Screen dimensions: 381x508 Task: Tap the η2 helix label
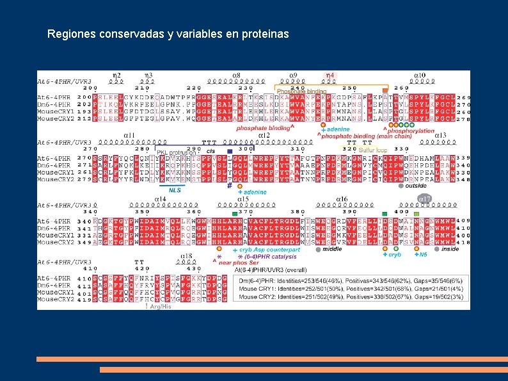(117, 76)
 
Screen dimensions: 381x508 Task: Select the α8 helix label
(236, 76)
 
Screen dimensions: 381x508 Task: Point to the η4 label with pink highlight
(330, 76)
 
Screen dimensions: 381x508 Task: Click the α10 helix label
(420, 76)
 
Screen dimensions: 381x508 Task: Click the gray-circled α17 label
(425, 199)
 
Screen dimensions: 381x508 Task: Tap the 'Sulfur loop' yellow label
(372, 149)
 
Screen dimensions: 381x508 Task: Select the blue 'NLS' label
(175, 190)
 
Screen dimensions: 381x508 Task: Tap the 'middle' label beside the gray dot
(332, 249)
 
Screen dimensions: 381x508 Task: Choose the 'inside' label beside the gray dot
(450, 249)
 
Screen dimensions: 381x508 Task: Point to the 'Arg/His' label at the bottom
(160, 306)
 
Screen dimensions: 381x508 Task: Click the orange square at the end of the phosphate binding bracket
(385, 90)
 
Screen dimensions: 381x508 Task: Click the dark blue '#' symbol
(229, 186)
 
